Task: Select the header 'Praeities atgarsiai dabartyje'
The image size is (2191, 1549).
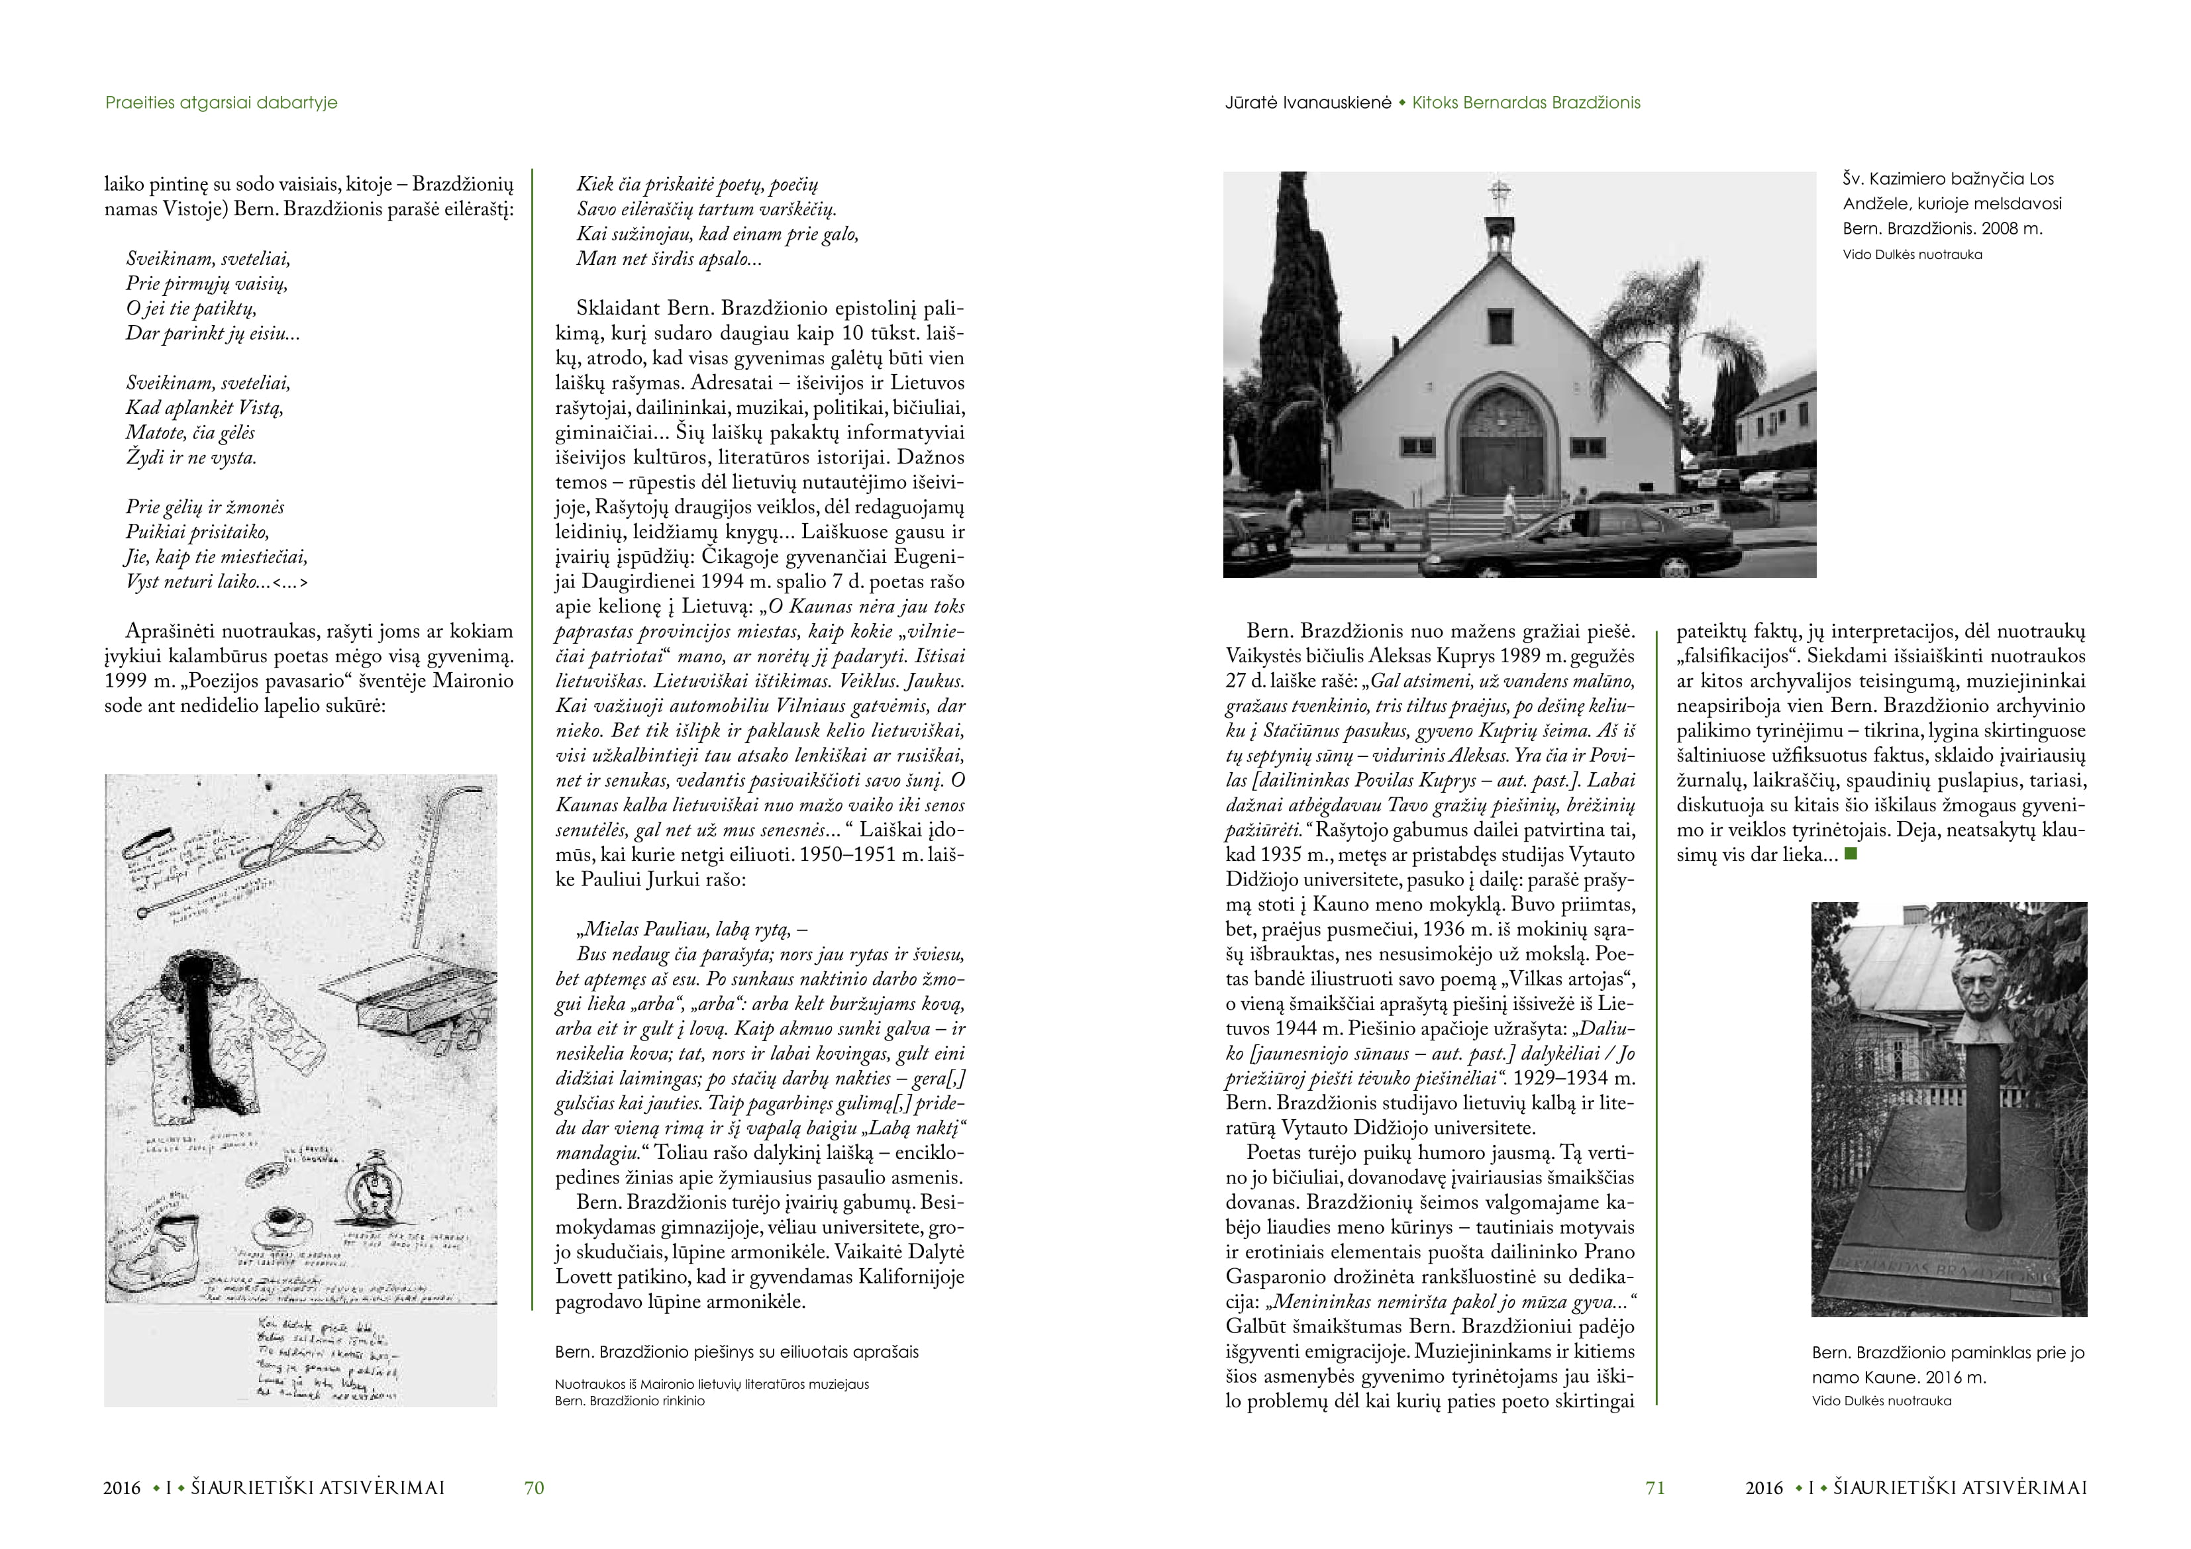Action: click(x=221, y=102)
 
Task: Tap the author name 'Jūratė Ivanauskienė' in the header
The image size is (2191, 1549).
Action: click(x=1307, y=102)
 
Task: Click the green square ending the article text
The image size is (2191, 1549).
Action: click(x=1851, y=854)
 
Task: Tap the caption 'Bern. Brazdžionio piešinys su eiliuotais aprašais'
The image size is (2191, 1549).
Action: click(x=737, y=1352)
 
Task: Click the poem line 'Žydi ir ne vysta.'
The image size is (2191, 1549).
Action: click(x=191, y=457)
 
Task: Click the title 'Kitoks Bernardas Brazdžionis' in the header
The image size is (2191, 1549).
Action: click(x=1526, y=102)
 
